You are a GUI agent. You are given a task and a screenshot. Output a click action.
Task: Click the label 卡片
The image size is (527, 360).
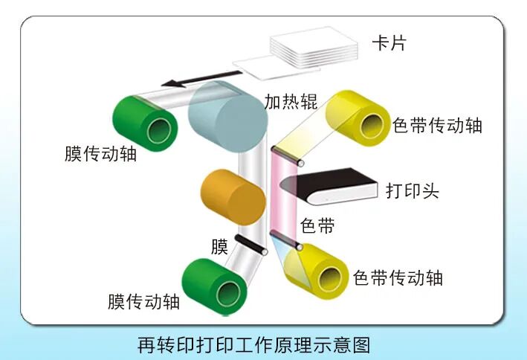pyautogui.click(x=389, y=43)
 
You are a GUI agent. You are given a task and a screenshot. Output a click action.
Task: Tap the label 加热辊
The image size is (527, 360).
pyautogui.click(x=291, y=101)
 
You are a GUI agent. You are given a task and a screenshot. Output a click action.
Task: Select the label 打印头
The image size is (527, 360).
pyautogui.click(x=413, y=190)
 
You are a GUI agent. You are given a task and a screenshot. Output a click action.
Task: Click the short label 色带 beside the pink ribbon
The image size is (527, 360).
pyautogui.click(x=317, y=225)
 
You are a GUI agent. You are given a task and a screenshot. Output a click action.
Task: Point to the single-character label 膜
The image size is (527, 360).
pyautogui.click(x=219, y=247)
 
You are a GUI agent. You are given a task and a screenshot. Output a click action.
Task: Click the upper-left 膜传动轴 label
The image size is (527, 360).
pyautogui.click(x=100, y=154)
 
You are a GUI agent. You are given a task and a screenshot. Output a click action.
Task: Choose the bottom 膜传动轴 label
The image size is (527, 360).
pyautogui.click(x=143, y=301)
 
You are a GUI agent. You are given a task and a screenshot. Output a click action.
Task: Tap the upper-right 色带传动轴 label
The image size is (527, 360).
pyautogui.click(x=437, y=126)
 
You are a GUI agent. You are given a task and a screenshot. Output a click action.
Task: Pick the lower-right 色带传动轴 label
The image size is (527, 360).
pyautogui.click(x=398, y=278)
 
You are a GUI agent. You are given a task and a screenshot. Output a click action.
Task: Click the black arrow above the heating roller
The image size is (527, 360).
pyautogui.click(x=201, y=78)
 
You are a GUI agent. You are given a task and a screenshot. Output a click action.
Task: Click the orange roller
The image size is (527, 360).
pyautogui.click(x=233, y=197)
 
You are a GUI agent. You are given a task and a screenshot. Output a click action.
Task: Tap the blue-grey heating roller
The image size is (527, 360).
pyautogui.click(x=228, y=117)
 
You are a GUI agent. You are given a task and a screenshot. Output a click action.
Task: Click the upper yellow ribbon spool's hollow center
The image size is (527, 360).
pyautogui.click(x=372, y=126)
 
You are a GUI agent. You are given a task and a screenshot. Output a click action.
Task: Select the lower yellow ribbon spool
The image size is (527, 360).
pyautogui.click(x=316, y=271)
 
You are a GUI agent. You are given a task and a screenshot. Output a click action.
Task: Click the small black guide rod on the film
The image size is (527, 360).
pyautogui.click(x=251, y=245)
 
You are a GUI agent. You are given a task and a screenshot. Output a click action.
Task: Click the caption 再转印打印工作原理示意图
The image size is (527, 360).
pyautogui.click(x=254, y=345)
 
